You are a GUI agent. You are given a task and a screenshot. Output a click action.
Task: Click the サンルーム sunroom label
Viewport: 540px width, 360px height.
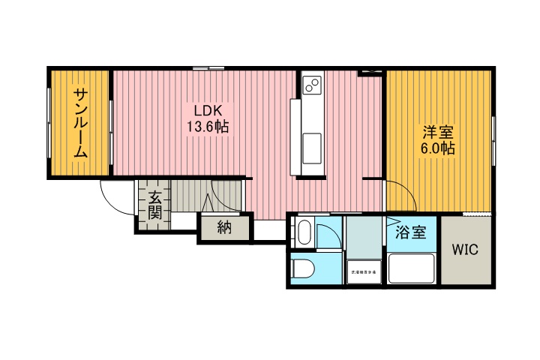coord(80,122)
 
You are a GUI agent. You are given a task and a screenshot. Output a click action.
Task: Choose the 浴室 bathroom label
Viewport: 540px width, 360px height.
coord(410,232)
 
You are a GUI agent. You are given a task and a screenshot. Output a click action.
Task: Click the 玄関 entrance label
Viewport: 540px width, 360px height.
coord(154,205)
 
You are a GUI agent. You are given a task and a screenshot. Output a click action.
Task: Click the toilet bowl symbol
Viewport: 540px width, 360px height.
coord(304,268)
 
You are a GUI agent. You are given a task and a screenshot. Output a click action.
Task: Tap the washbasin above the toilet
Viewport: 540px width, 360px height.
coord(303,232)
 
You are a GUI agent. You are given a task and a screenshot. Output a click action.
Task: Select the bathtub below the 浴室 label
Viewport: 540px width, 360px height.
coord(410,268)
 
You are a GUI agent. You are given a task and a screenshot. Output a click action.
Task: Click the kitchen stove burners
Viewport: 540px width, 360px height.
coord(313,86)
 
